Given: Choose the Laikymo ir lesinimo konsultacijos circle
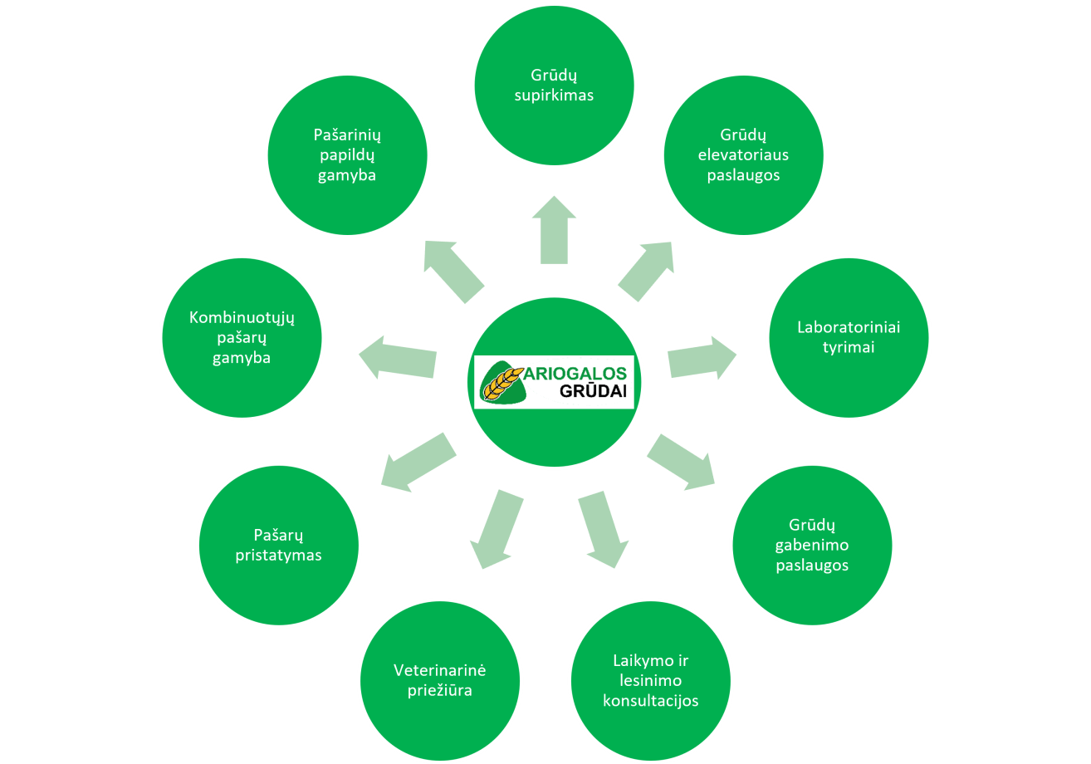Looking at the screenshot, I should [651, 680].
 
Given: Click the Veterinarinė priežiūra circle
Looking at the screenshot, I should [439, 680].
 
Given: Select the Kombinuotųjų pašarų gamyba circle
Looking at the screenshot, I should [242, 337].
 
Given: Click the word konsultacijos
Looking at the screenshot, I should [651, 700].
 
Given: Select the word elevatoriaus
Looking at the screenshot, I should [743, 155].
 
